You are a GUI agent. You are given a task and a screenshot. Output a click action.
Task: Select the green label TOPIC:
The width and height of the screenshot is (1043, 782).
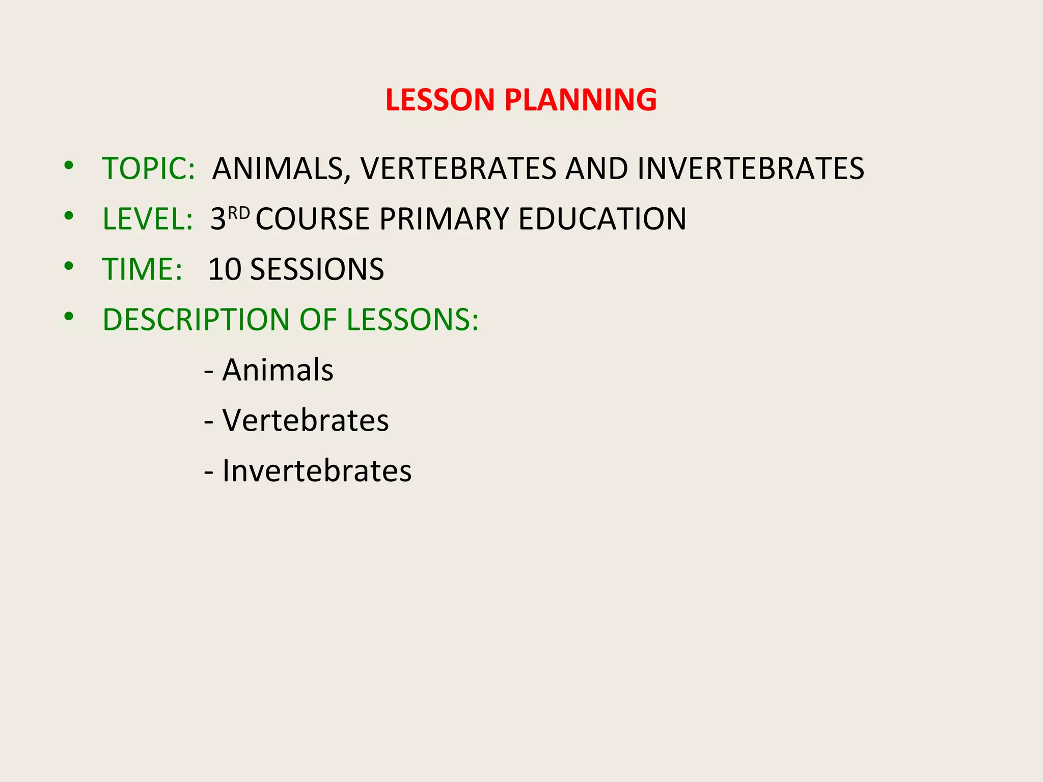[148, 169]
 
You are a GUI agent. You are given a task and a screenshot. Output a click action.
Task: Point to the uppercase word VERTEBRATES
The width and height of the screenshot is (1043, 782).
[458, 169]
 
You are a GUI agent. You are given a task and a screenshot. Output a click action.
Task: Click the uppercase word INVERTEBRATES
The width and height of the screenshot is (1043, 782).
[750, 169]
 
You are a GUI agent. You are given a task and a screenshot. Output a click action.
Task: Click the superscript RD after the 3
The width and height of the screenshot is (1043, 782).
[238, 213]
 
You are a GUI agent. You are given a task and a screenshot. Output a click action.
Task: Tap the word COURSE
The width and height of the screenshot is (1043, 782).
[312, 219]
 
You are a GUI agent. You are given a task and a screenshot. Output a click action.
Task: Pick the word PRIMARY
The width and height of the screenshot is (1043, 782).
[444, 219]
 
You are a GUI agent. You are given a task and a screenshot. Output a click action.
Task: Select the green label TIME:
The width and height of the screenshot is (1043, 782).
[142, 269]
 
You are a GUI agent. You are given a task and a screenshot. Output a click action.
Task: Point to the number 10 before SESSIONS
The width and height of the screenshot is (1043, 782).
[225, 269]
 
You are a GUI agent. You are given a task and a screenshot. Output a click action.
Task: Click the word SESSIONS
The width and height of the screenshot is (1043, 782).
[317, 269]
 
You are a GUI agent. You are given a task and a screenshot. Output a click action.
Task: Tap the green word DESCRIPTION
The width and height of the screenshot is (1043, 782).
[196, 320]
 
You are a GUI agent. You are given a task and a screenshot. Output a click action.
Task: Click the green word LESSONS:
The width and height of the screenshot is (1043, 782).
[413, 320]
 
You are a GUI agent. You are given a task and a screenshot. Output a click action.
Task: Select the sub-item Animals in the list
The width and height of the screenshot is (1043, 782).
[278, 370]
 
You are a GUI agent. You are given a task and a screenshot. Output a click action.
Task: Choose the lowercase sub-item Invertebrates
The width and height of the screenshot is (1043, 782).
[317, 470]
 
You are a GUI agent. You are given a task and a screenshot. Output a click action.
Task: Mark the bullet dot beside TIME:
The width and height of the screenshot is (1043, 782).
[69, 266]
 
